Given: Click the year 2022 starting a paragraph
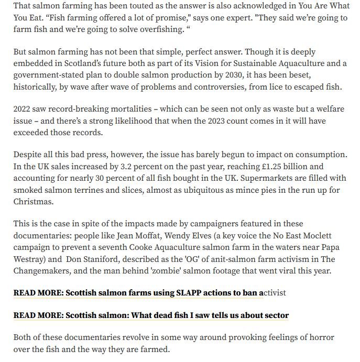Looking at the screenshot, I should tap(24, 109).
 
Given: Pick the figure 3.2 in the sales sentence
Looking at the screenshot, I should tap(137, 167).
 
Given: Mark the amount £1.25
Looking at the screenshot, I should tap(280, 167).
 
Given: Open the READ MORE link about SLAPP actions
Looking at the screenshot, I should tap(149, 292).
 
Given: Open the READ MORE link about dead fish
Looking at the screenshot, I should tap(151, 315).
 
